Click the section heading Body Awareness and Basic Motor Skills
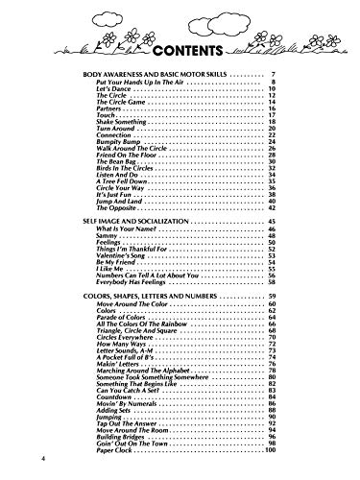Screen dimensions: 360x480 tap(154, 75)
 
